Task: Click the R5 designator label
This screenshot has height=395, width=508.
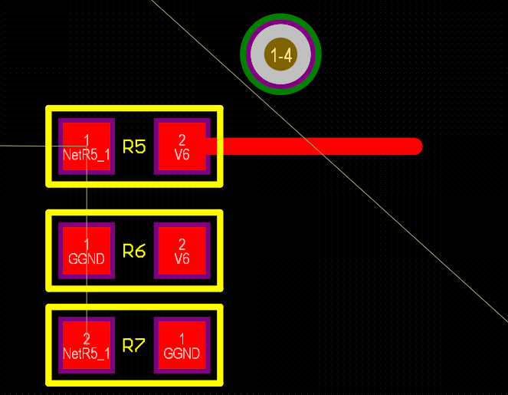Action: click(134, 146)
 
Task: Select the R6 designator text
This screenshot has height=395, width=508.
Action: click(134, 251)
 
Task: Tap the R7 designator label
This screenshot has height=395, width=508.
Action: click(134, 346)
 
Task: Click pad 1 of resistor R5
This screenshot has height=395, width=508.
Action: click(87, 146)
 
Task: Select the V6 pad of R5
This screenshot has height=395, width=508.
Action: click(182, 146)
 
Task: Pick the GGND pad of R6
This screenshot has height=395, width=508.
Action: click(87, 251)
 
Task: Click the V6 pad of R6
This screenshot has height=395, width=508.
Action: click(182, 251)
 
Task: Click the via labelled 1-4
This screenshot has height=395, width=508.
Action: click(280, 54)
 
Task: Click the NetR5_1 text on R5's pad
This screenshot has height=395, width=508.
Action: click(87, 154)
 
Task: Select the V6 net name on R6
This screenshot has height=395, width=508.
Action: click(182, 258)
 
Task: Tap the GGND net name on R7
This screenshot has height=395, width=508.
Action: click(182, 354)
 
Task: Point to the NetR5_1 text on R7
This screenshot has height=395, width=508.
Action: click(87, 354)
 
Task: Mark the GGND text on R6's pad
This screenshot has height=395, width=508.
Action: click(87, 258)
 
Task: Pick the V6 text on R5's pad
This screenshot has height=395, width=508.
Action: click(182, 154)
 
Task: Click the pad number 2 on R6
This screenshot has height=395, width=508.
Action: click(182, 244)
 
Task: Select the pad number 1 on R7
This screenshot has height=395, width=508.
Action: click(182, 338)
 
